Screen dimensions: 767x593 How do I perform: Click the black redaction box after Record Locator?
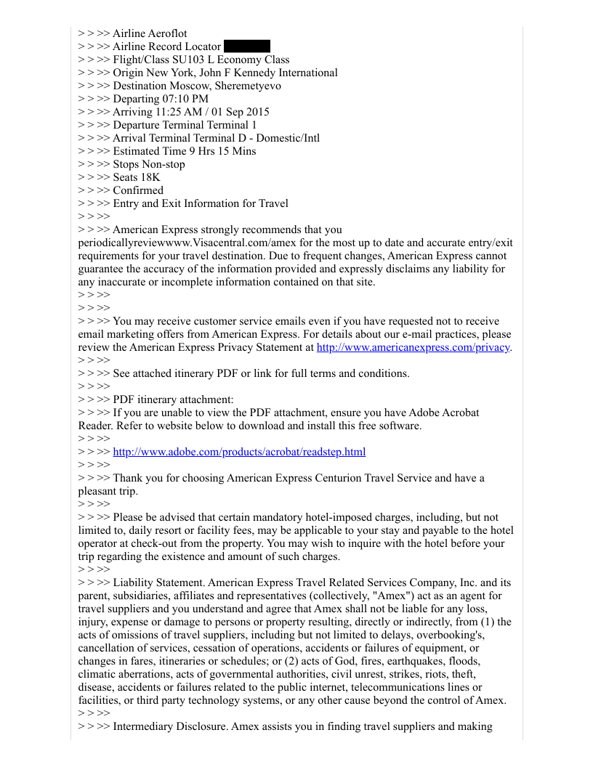[247, 46]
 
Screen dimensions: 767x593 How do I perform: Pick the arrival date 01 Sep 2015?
[241, 112]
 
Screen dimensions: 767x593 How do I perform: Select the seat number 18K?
[149, 177]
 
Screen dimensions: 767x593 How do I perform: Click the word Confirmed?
[138, 190]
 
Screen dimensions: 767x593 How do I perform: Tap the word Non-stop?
[162, 164]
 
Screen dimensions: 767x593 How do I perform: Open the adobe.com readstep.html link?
[239, 452]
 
